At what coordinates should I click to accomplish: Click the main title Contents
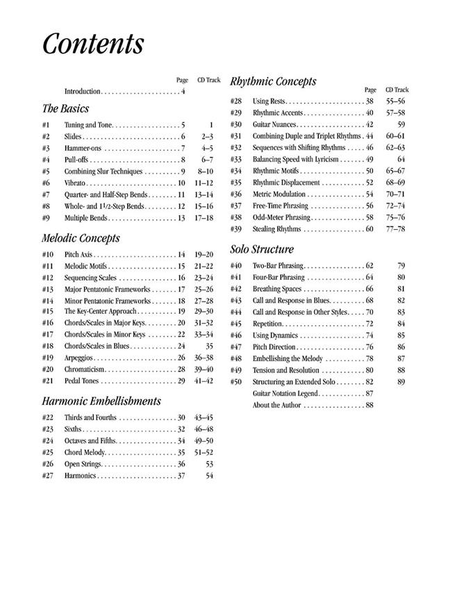coord(93,43)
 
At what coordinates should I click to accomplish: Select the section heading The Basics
coord(65,109)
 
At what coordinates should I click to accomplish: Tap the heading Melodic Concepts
coord(81,238)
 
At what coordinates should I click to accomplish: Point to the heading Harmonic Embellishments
coord(101,401)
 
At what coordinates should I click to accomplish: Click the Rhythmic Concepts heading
coord(273,81)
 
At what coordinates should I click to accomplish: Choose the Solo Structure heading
coord(262,249)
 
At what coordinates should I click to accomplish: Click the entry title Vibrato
coord(76,183)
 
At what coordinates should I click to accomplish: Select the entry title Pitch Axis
coord(80,255)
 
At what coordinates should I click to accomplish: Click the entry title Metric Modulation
coord(278,194)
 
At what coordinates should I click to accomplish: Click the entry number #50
coord(236,382)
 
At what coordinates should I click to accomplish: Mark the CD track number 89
coord(401,382)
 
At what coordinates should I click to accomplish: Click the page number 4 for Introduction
coord(183,92)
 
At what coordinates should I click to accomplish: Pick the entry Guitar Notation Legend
coord(285,394)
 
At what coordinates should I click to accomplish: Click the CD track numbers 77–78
coord(395,228)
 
